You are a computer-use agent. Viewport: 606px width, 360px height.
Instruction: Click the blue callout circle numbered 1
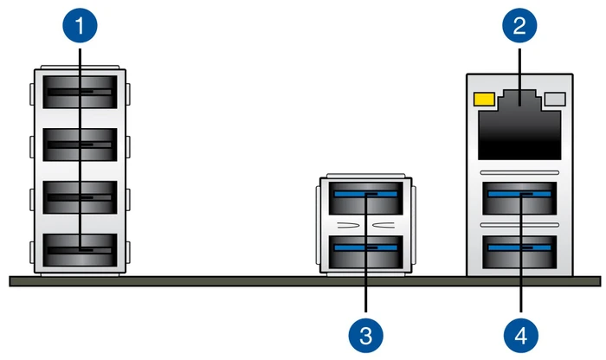80,25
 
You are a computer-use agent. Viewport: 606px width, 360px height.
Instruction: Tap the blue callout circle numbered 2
519,25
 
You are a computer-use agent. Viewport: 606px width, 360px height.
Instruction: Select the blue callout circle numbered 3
365,335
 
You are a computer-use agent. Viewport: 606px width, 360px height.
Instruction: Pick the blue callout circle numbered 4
521,335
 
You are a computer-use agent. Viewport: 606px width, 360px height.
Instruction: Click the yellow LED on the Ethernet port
484,99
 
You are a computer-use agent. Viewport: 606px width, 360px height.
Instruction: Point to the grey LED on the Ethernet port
555,99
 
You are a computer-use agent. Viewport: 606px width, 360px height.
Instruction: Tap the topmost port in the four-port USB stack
80,92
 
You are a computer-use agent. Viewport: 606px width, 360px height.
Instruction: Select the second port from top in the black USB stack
80,145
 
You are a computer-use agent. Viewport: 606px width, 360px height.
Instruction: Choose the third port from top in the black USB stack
80,197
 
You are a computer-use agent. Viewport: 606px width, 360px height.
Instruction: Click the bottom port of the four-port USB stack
80,250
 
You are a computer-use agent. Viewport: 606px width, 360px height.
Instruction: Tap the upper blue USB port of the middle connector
365,198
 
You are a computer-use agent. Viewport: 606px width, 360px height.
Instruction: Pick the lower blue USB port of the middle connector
365,252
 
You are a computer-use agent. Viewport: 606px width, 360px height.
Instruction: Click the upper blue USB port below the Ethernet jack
519,198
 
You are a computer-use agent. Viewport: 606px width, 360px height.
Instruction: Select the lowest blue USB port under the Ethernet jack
519,252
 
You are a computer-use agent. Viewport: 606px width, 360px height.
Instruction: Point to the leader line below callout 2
519,76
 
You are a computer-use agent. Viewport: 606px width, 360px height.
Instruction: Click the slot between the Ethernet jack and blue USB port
519,172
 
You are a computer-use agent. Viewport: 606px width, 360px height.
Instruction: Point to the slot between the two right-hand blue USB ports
519,225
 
